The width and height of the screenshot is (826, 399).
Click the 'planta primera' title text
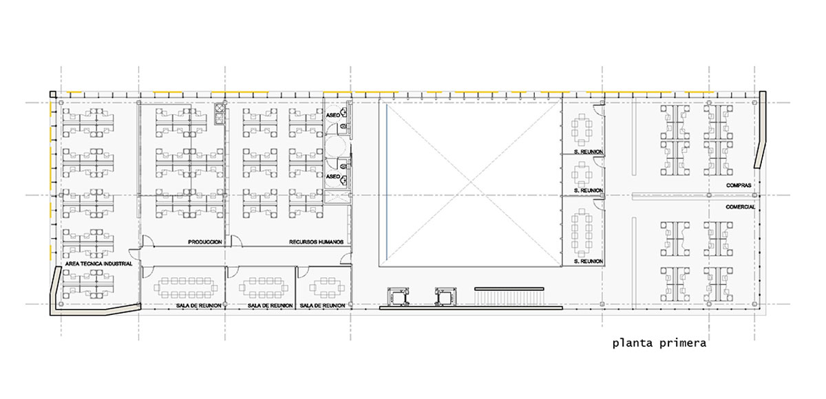[x=659, y=343]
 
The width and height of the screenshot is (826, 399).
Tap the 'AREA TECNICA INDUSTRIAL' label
[x=98, y=263]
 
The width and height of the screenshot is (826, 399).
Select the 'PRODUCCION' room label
[x=205, y=242]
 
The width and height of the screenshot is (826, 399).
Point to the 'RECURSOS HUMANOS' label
[x=317, y=242]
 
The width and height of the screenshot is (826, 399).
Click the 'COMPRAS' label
[x=739, y=185]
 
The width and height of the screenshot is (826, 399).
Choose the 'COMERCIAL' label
[x=741, y=207]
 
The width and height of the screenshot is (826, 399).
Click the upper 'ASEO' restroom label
[x=332, y=116]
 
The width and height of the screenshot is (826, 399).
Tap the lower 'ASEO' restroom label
[x=332, y=177]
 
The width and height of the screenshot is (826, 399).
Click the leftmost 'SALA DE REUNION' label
[x=199, y=305]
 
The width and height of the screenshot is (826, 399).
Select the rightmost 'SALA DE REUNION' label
[x=322, y=305]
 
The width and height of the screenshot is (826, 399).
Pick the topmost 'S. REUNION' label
[x=588, y=151]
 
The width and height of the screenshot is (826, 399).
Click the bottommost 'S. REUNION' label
[x=588, y=261]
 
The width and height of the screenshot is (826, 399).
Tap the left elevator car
[x=398, y=297]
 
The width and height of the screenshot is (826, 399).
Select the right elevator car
[x=445, y=297]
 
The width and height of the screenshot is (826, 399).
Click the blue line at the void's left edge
[x=386, y=182]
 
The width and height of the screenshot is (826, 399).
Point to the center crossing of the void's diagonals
[x=471, y=183]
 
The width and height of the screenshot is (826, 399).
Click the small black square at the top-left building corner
[x=53, y=94]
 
